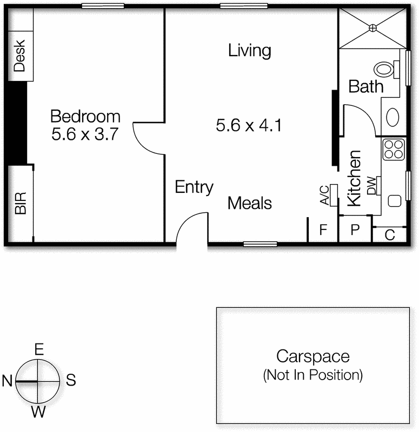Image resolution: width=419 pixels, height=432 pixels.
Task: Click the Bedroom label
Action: [85, 116]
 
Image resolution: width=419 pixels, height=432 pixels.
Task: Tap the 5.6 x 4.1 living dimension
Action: [249, 125]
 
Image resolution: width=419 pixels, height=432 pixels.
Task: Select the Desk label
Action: [19, 56]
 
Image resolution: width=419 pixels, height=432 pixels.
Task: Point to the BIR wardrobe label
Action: [21, 204]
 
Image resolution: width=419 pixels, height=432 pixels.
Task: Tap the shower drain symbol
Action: [373, 28]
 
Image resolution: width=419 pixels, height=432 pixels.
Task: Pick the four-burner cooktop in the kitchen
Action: [394, 150]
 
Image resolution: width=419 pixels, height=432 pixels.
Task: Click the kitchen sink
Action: [395, 200]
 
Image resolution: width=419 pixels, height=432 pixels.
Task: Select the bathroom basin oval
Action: [393, 117]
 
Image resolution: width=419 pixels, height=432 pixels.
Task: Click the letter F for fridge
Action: [323, 230]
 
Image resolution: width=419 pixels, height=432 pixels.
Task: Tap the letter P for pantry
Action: [355, 229]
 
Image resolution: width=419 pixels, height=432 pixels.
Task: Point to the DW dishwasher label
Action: [372, 186]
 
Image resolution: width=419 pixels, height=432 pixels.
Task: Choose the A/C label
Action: [325, 195]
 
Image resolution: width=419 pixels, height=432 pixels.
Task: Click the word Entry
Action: [194, 187]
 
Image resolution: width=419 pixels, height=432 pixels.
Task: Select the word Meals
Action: [250, 204]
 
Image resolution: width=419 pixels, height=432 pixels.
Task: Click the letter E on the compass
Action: [39, 349]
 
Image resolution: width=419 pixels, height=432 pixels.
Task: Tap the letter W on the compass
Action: [38, 413]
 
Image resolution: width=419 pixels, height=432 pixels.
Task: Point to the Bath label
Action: [366, 86]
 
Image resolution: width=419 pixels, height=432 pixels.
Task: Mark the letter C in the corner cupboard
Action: [389, 235]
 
